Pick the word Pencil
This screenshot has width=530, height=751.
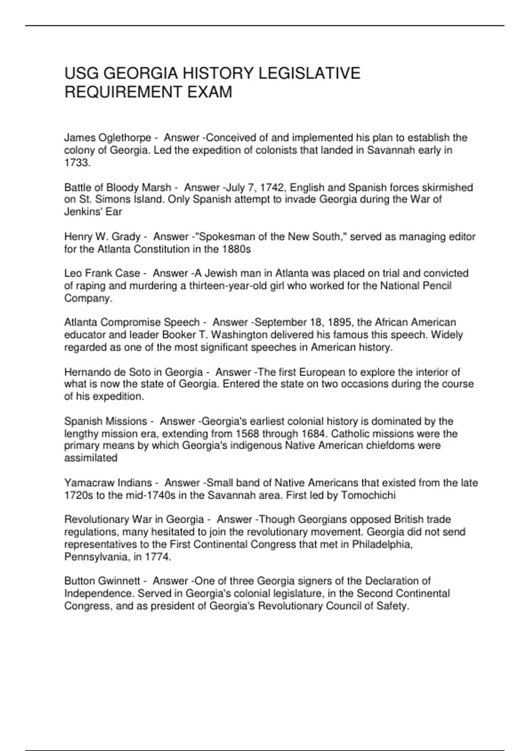click(437, 286)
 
